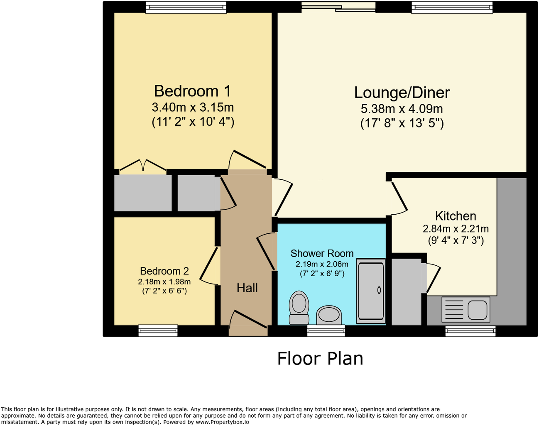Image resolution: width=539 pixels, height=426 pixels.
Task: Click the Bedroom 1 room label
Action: coord(192,91)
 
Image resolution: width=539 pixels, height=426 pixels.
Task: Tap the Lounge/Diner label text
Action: coord(402,93)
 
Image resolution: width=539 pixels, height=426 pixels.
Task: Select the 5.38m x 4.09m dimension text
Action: coord(402,109)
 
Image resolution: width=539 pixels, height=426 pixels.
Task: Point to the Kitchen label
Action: coord(456,216)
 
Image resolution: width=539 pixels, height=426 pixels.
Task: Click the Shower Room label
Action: coord(322,253)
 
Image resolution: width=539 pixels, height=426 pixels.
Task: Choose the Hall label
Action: coord(247,288)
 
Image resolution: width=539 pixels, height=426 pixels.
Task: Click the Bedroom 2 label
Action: coord(164,271)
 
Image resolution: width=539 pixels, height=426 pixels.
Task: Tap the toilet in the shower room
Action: coord(299,307)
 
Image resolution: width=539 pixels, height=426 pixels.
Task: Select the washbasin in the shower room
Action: coord(329,315)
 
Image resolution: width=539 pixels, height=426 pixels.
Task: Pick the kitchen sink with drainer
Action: coord(466,309)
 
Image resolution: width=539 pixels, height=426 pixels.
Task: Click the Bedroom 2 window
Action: coord(158,331)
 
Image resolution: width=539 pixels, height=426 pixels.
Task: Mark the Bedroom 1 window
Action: coord(186,7)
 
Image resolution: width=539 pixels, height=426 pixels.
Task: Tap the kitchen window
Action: coord(470,331)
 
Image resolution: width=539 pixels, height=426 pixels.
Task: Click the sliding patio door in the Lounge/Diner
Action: coord(338,6)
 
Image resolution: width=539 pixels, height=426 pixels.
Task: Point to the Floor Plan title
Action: coord(320,359)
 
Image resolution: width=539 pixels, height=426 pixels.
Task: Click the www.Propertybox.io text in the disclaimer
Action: coord(222,422)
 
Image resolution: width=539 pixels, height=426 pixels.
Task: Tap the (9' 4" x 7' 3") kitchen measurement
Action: coord(456,240)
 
